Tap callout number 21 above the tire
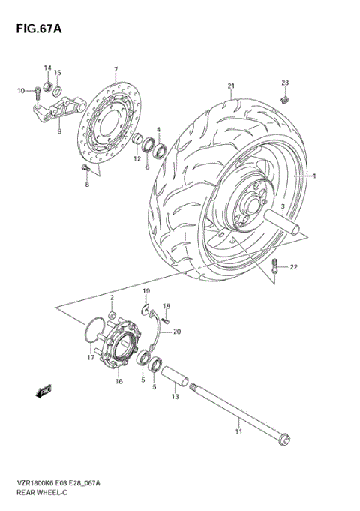click(232, 86)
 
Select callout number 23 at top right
click(284, 82)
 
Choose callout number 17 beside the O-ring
click(90, 358)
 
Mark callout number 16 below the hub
click(118, 381)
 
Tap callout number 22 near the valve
click(294, 267)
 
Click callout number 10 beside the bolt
click(21, 91)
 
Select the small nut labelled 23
click(284, 98)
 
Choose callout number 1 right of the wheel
click(316, 176)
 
